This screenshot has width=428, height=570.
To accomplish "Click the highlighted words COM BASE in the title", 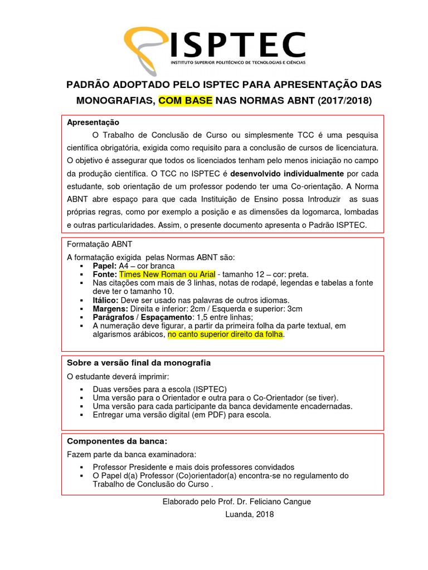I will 186,101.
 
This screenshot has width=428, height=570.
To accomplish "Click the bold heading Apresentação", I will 93,122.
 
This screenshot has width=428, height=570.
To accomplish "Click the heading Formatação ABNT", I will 100,244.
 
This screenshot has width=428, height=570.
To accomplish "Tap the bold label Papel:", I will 105,266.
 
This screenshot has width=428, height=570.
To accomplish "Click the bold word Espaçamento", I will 161,317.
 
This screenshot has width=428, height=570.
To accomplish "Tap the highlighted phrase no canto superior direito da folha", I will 226,335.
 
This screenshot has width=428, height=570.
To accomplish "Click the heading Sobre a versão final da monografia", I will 139,363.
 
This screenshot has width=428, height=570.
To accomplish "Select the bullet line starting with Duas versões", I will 160,389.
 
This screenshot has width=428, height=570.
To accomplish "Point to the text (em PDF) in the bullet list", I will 206,415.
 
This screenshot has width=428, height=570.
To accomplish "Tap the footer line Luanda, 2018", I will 249,514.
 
